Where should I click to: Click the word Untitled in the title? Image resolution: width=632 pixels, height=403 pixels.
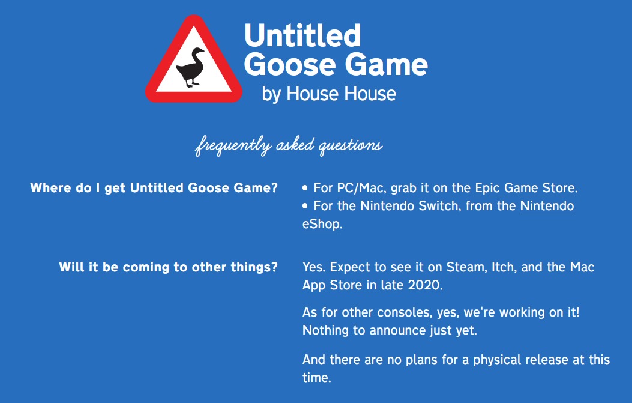(x=302, y=35)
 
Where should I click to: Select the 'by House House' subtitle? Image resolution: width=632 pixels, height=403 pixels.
(x=329, y=94)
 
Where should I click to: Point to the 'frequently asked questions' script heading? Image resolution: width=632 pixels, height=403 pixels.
(x=288, y=145)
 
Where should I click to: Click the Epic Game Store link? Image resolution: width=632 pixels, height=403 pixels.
(x=525, y=188)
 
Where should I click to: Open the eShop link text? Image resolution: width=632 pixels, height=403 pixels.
(x=321, y=224)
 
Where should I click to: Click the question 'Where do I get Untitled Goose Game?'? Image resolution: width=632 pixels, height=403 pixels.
(x=154, y=188)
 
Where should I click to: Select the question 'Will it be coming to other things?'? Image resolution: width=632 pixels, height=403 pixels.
(x=169, y=267)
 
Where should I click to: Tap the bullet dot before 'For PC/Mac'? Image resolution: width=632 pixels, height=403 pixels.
(x=305, y=188)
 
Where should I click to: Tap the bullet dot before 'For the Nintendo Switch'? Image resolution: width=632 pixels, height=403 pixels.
(x=305, y=206)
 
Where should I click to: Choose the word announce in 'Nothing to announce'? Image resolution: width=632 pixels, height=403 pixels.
(x=397, y=330)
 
